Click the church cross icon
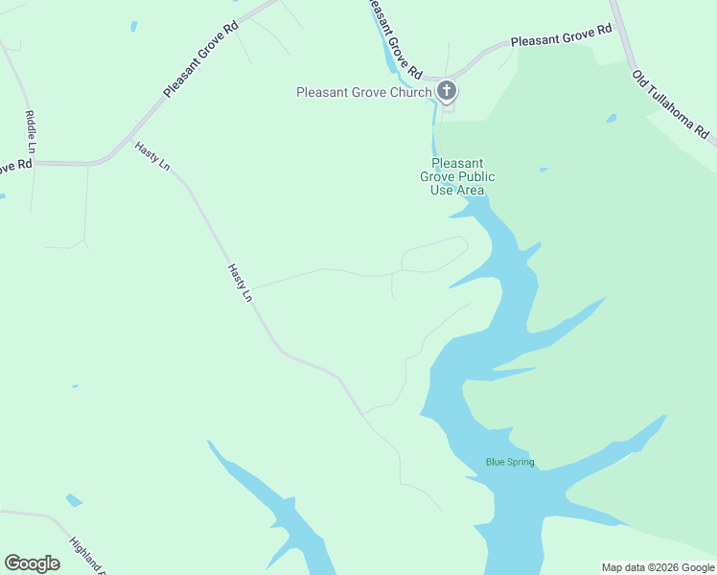click(x=446, y=91)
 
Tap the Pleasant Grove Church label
click(x=364, y=93)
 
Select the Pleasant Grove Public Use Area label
click(x=457, y=176)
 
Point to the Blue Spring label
click(x=510, y=462)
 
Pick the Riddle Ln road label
click(x=30, y=132)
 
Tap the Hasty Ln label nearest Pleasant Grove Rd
click(x=152, y=154)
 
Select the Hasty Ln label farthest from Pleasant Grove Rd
click(x=240, y=284)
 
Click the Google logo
click(x=33, y=563)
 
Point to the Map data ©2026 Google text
click(x=658, y=567)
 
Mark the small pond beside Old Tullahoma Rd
click(x=611, y=120)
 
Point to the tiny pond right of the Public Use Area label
click(x=544, y=171)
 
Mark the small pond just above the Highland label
click(x=74, y=500)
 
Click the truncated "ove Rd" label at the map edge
click(x=15, y=166)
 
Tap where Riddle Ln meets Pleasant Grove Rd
click(x=35, y=163)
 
